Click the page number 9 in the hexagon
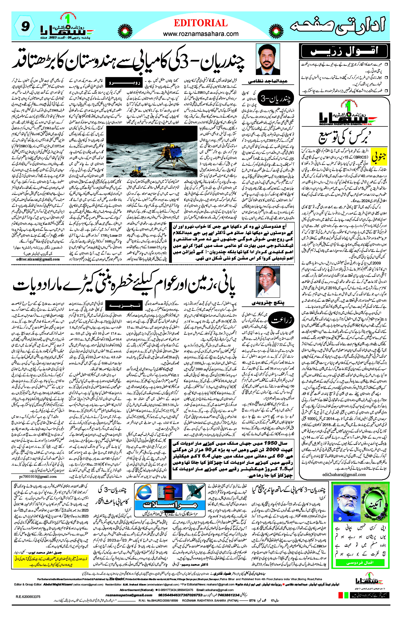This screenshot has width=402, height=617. (x=25, y=26)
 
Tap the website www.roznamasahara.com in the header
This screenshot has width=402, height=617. (x=201, y=34)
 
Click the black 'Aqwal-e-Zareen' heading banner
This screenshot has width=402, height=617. (x=344, y=51)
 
